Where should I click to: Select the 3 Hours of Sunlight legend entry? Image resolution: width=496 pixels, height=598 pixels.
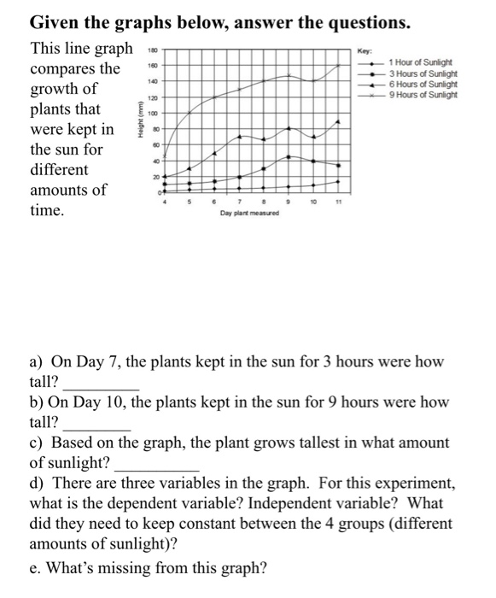[423, 73]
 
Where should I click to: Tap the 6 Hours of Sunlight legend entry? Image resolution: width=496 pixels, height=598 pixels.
[423, 84]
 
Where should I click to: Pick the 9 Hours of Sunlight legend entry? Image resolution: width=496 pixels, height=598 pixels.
[423, 94]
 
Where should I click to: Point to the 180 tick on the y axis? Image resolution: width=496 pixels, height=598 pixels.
[155, 50]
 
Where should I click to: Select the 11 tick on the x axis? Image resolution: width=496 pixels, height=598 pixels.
[339, 202]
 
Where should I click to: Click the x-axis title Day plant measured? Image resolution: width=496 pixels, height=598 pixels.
[251, 214]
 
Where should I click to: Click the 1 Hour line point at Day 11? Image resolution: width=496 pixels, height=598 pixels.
[339, 181]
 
